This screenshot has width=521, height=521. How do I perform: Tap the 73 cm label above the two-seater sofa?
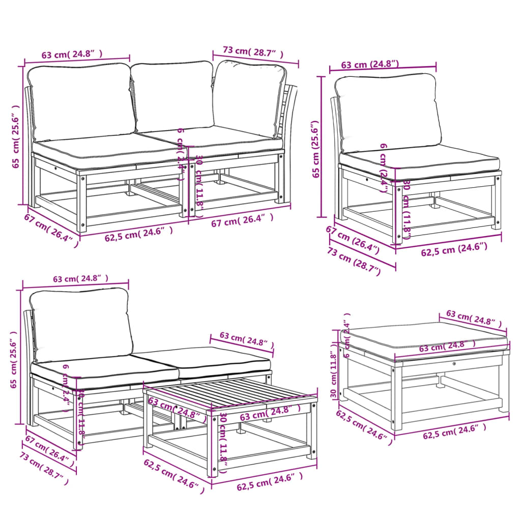click(x=252, y=52)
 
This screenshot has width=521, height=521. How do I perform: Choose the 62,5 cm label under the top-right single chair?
click(x=454, y=249)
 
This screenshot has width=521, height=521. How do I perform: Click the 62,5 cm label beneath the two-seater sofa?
click(x=138, y=232)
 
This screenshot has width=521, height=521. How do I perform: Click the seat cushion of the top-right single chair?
click(x=420, y=161)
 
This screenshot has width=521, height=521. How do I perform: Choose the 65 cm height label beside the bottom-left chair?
click(x=14, y=359)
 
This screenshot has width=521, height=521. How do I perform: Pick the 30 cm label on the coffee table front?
click(x=223, y=438)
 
